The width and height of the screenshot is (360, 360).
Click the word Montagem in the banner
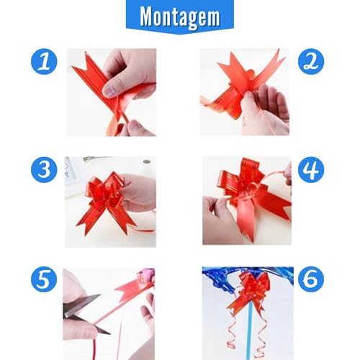pos(179,17)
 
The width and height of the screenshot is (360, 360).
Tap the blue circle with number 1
pos(45,62)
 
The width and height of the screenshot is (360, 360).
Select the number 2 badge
pos(311,62)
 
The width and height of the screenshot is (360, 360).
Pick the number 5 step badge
pos(45,279)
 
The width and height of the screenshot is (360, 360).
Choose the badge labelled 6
pos(311,279)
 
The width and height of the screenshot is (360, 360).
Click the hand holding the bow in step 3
pos(138,190)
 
